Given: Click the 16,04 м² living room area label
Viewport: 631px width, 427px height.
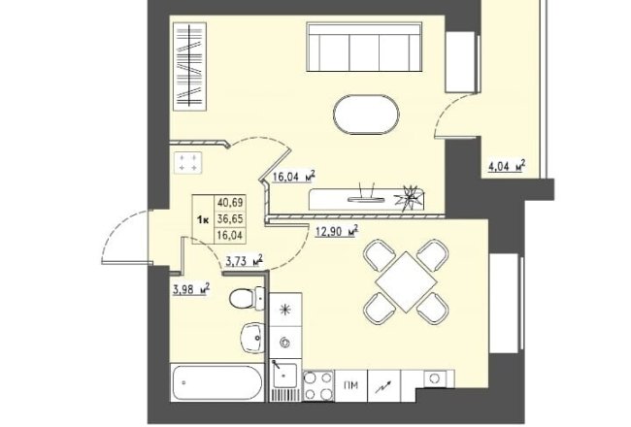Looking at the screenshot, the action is pos(294,177).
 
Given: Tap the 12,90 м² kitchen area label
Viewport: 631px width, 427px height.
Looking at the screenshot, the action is pos(337,231).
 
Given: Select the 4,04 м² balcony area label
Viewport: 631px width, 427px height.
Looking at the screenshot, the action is pos(507,166).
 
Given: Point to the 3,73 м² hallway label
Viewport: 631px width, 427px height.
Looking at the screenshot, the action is pos(245,261).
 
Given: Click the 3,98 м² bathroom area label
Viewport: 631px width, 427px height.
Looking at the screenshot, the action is pos(191,289).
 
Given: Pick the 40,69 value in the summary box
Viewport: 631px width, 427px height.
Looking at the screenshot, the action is pos(230,202).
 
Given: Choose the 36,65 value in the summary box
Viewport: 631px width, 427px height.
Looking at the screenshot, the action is pos(230,218).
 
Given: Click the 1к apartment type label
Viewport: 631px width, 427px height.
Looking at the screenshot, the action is pos(203,219).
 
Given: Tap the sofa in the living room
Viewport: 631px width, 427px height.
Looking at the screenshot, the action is pos(365,47).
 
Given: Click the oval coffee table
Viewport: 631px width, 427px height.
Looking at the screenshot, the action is pos(366,115).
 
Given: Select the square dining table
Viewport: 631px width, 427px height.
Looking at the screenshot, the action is pos(406,281).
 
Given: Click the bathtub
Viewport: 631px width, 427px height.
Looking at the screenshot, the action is pos(216,382).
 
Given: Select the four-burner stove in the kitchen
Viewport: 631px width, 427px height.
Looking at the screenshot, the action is pos(317,385).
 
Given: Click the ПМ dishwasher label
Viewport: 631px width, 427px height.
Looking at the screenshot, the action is pos(350,386).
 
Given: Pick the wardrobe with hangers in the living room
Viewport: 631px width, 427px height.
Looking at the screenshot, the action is pos(189,66).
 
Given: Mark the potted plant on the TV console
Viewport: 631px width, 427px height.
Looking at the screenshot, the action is pos(410,198).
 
